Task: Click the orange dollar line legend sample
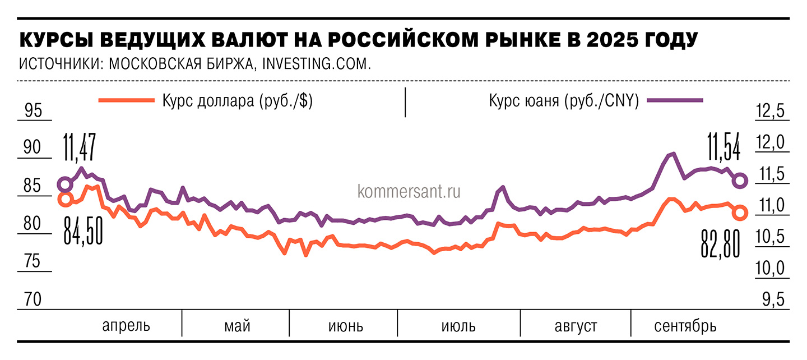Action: pos(126,100)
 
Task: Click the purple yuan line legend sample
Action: pos(675,101)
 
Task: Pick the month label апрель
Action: pos(126,325)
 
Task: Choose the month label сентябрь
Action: pos(685,326)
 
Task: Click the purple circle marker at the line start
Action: pos(65,184)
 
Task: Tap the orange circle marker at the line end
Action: pos(740,212)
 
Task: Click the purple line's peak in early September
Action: pos(672,154)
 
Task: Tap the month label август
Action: pos(576,326)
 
